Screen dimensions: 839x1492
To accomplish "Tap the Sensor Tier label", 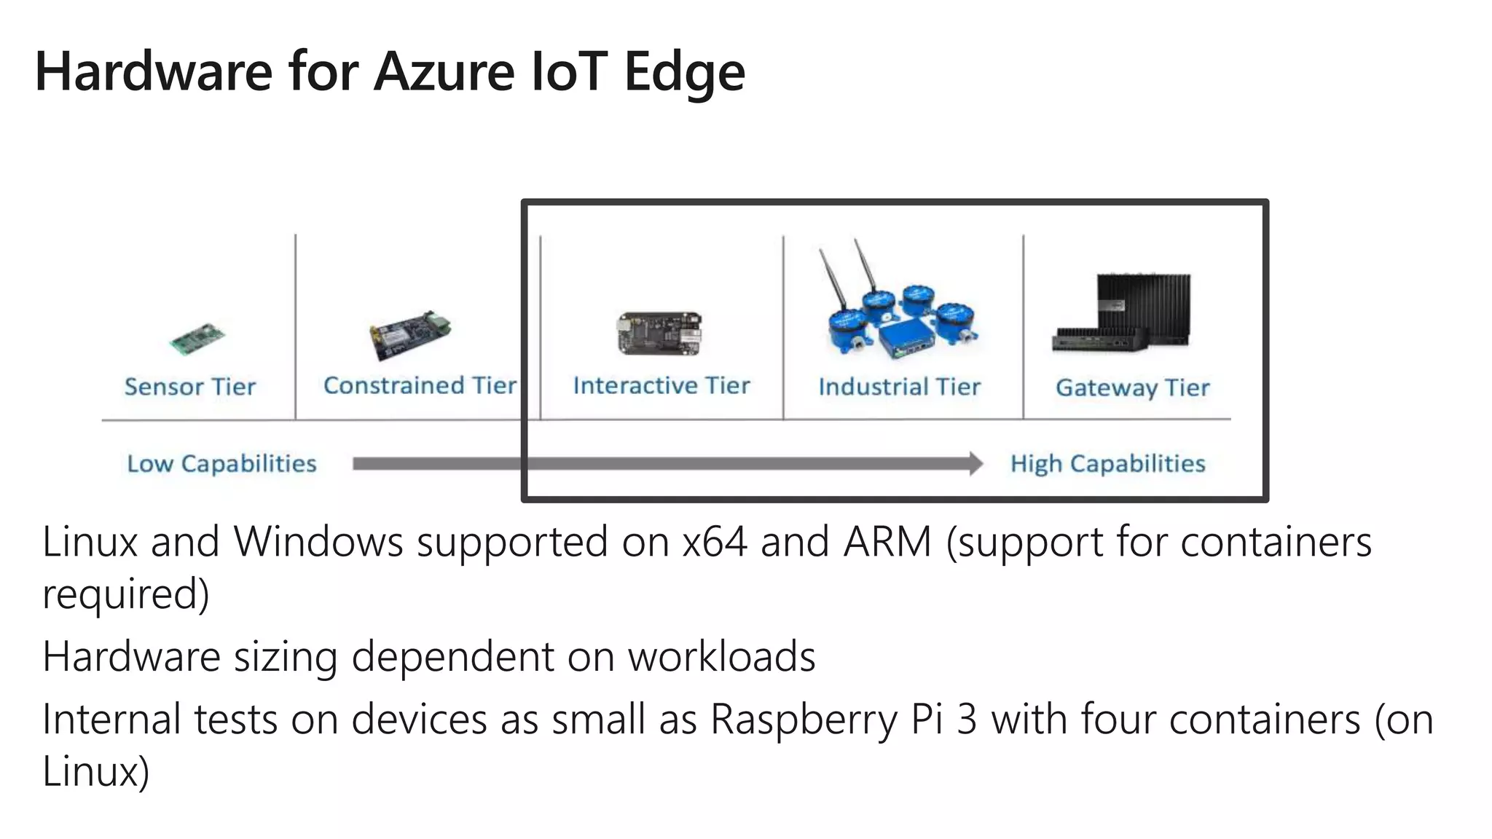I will coord(190,387).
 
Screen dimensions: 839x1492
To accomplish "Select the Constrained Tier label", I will coord(420,385).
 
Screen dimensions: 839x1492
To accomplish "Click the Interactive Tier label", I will coord(661,385).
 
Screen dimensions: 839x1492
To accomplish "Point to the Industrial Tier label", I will coord(899,387).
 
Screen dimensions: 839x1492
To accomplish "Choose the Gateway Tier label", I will coord(1132,387).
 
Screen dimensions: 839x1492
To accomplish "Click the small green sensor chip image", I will coord(197,339).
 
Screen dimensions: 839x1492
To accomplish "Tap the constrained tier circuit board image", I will coord(409,336).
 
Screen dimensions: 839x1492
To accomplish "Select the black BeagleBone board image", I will coord(660,334).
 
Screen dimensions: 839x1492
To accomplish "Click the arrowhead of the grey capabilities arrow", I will coord(975,464).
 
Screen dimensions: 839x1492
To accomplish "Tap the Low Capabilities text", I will coord(221,464).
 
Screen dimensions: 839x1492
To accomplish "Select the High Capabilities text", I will coord(1107,464).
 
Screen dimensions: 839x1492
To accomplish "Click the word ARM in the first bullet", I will coord(887,542).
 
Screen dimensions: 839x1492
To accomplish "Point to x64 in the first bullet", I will coord(715,542).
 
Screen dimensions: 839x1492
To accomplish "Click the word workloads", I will coord(721,656).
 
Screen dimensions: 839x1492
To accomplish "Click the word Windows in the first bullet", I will coord(318,542).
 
